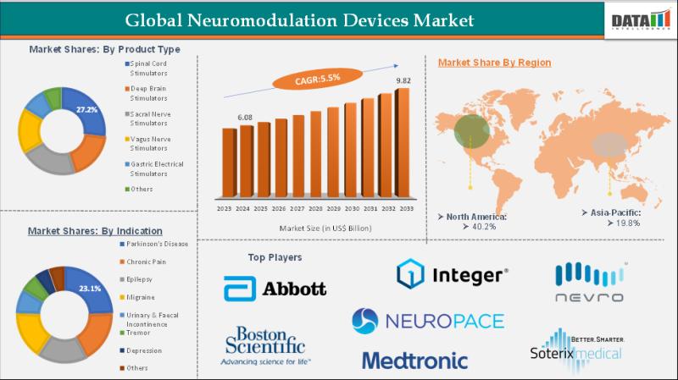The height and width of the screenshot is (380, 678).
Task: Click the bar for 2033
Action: click(x=402, y=144)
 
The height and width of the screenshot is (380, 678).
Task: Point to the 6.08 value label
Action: click(x=245, y=117)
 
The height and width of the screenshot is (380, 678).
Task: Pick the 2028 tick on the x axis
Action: click(x=315, y=208)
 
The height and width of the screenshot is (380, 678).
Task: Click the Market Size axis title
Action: click(x=314, y=228)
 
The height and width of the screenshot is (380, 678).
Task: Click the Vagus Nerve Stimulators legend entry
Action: click(x=153, y=143)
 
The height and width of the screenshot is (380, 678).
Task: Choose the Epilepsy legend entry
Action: click(x=142, y=279)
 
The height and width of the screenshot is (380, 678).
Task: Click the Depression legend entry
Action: click(x=146, y=350)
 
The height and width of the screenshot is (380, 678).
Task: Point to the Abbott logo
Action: click(x=275, y=289)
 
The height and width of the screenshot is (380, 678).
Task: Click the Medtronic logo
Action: click(x=414, y=360)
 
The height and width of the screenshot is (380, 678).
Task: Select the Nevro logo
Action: click(x=590, y=283)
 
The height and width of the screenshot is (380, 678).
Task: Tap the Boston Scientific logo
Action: click(x=265, y=346)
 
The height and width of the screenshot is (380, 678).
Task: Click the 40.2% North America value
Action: click(x=486, y=227)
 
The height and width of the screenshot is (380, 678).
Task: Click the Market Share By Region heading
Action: click(x=494, y=63)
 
